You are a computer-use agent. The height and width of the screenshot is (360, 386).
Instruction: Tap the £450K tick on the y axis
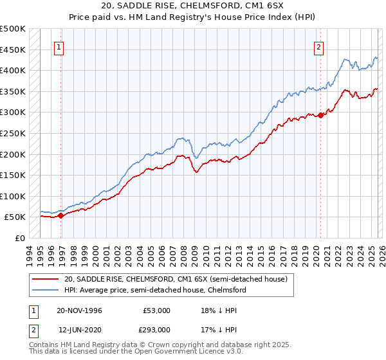(x=13, y=50)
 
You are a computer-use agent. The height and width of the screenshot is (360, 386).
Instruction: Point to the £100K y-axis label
(x=13, y=196)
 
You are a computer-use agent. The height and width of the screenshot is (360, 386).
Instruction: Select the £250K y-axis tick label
(x=13, y=133)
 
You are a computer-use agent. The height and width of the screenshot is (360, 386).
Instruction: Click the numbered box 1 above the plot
(x=59, y=46)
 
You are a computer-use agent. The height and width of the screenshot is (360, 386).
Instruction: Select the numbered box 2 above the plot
(x=318, y=46)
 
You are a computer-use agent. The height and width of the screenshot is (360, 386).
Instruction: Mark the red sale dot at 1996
(x=60, y=216)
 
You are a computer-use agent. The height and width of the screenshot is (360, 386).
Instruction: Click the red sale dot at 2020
(x=321, y=116)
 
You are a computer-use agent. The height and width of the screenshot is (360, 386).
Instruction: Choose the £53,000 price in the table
(x=156, y=310)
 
